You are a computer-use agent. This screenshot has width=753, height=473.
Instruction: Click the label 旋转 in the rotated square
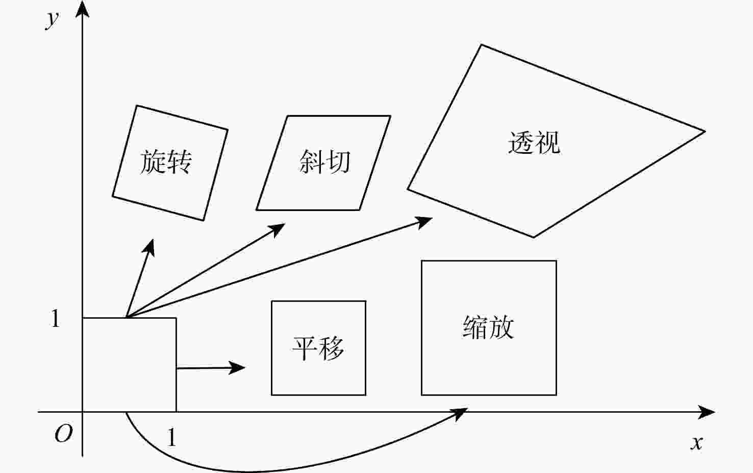point(166,162)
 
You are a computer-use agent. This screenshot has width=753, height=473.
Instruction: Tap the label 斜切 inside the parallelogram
point(324,162)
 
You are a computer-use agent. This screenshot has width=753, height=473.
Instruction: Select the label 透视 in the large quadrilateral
point(534,143)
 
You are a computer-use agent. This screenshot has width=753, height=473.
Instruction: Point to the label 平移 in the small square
point(318,348)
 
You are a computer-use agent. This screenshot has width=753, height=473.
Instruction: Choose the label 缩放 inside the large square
point(488,327)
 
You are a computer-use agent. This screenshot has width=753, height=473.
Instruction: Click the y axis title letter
point(52,19)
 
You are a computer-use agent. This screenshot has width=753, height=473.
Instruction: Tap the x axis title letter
point(696,442)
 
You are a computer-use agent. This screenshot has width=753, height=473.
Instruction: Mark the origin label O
point(63,434)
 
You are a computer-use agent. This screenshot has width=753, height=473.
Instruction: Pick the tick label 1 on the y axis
point(56,319)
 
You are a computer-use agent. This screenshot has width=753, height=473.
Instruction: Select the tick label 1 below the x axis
point(172,438)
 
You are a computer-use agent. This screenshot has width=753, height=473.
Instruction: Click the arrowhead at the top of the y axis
point(83,9)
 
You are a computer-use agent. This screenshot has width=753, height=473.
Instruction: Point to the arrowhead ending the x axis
point(708,412)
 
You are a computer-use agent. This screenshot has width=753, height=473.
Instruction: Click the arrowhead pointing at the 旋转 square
point(150,246)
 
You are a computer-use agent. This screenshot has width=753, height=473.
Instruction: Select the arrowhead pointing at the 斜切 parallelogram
point(279,228)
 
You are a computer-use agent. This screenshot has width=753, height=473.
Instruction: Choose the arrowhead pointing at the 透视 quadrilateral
point(425,221)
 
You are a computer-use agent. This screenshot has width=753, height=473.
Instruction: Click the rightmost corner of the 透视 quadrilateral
point(705,131)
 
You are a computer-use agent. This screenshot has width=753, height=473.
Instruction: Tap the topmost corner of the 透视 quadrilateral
point(481,45)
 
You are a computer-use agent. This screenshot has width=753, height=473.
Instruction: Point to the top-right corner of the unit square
point(176,318)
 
